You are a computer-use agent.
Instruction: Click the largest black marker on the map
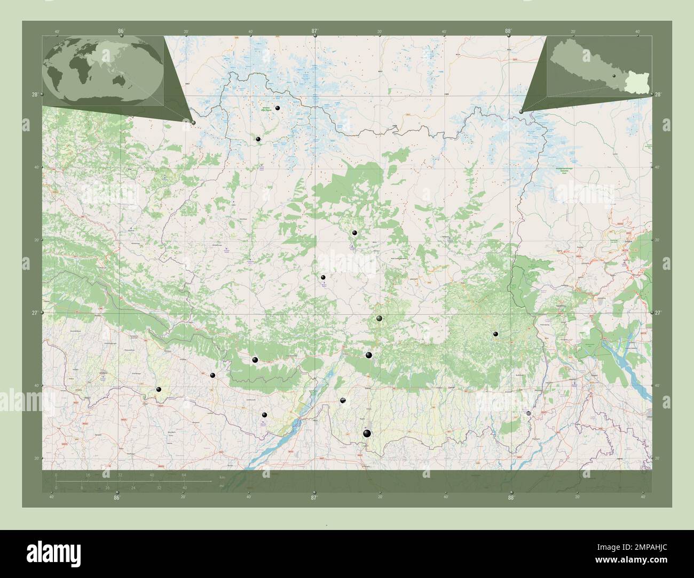[x=366, y=433]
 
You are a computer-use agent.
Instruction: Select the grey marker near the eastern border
[x=529, y=413]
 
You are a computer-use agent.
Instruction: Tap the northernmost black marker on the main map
[x=278, y=108]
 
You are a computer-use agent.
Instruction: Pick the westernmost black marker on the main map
[x=159, y=389]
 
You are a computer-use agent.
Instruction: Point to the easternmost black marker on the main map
[x=496, y=334]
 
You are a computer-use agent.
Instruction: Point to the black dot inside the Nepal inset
[x=614, y=76]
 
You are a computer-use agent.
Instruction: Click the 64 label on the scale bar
[x=184, y=475]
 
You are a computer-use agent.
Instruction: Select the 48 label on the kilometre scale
[x=152, y=475]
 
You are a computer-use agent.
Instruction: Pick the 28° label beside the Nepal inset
[x=658, y=94]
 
